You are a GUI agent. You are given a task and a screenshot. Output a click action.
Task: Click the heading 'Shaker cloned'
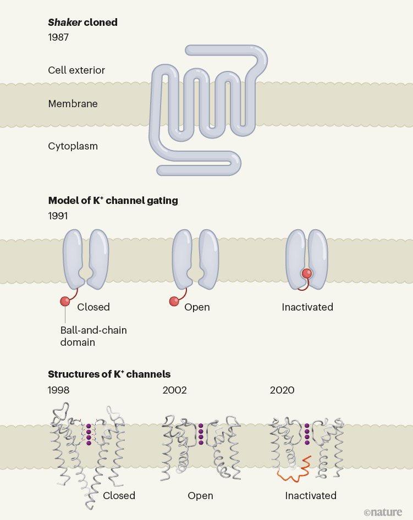tap(82, 23)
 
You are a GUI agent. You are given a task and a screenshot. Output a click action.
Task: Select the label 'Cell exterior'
tap(76, 70)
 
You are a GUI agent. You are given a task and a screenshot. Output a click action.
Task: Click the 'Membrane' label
tap(73, 103)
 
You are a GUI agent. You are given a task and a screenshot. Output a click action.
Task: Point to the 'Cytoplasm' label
tap(73, 146)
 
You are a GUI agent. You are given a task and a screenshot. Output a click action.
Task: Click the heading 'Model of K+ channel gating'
tap(113, 201)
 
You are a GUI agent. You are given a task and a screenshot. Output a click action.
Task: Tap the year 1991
tap(58, 216)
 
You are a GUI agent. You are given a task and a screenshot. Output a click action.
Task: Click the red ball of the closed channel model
tap(65, 301)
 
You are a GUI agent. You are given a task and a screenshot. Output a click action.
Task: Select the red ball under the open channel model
tap(174, 301)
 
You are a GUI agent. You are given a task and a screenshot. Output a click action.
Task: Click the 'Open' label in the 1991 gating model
tap(197, 307)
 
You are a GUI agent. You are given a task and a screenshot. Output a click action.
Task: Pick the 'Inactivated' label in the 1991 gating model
tap(307, 307)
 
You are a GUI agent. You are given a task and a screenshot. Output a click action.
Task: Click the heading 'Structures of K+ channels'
tap(109, 374)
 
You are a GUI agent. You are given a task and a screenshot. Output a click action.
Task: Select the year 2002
tap(174, 390)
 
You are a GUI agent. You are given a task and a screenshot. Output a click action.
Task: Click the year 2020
tap(282, 390)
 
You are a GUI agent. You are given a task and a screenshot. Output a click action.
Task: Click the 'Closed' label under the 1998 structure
tap(119, 495)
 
